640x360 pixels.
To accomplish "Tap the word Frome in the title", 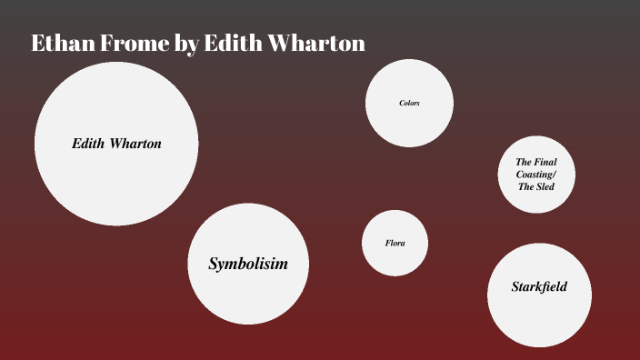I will coord(131,43).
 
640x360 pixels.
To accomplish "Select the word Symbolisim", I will coord(248,264).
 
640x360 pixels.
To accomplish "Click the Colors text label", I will coord(409,103).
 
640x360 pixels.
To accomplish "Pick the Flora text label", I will coord(395,244).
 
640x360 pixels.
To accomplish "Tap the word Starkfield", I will coord(539,287).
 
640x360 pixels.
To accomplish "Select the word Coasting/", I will coord(535,174).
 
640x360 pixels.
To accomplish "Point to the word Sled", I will coord(544,186).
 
